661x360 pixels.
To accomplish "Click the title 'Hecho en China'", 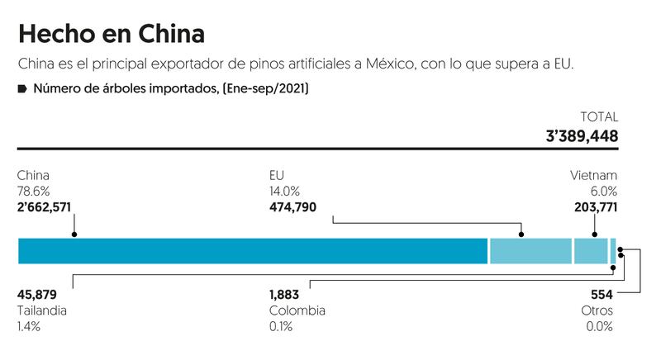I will pyautogui.click(x=112, y=34).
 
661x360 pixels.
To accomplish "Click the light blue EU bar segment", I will pyautogui.click(x=530, y=250).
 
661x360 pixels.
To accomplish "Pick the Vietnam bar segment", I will pyautogui.click(x=590, y=250).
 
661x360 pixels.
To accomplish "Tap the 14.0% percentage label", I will pyautogui.click(x=285, y=191).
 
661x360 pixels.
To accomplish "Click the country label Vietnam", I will pyautogui.click(x=593, y=175).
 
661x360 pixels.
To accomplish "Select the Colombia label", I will pyautogui.click(x=297, y=310).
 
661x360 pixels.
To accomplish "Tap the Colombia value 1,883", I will pyautogui.click(x=284, y=295).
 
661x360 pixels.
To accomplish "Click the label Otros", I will pyautogui.click(x=597, y=310).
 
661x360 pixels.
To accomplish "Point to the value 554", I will pyautogui.click(x=602, y=295).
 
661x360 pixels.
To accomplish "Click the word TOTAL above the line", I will pyautogui.click(x=600, y=117).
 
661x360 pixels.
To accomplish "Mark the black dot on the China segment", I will pyautogui.click(x=74, y=234).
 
